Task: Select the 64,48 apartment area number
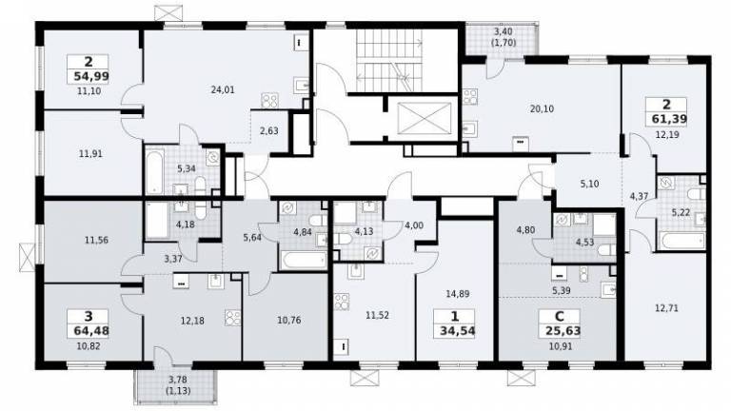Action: pos(91,331)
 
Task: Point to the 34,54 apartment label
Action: pos(457,331)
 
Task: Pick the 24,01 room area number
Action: pos(223,90)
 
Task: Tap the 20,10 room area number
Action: pos(542,108)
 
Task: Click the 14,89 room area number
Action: pos(457,294)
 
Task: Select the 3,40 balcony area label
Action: pos(503,32)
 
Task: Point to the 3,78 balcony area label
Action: pos(178,381)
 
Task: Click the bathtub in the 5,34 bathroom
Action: pos(154,171)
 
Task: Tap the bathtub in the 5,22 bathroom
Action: pos(682,242)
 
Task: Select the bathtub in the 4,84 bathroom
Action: pos(305,260)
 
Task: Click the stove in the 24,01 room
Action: pos(269,100)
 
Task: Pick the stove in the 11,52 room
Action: pos(342,301)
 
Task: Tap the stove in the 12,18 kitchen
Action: pos(232,318)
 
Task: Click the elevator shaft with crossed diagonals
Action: pos(424,118)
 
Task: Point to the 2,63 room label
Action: pos(269,131)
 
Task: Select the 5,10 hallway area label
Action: pos(589,184)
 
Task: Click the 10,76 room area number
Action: pos(289,320)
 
